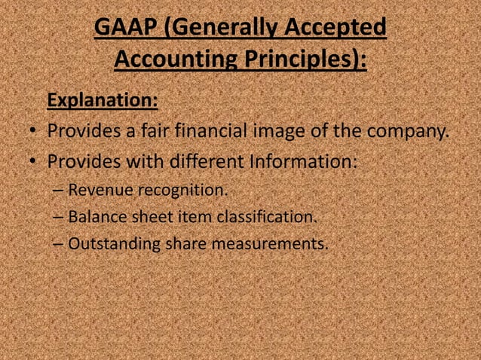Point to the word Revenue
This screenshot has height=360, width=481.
coord(100,190)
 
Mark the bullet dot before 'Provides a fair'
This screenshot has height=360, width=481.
coord(34,134)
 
